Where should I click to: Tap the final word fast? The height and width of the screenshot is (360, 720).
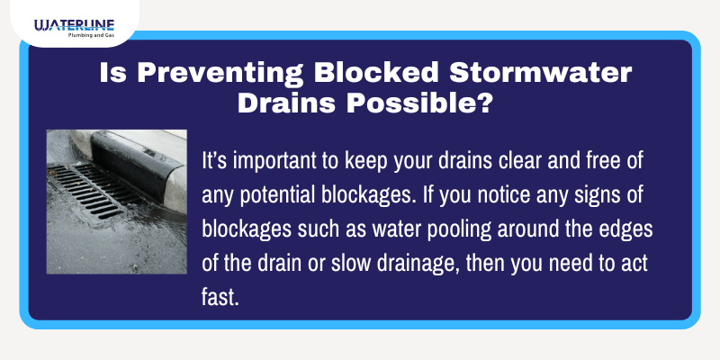click(x=220, y=290)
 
